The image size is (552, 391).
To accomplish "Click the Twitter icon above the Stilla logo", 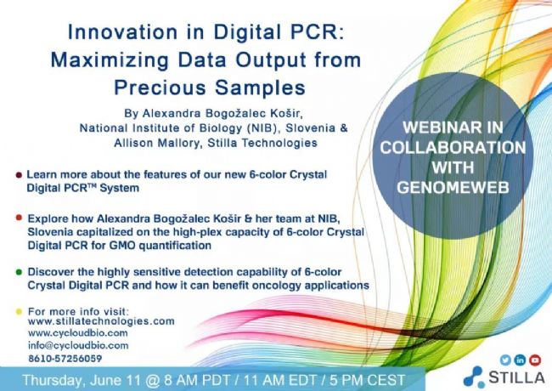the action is tap(505, 360).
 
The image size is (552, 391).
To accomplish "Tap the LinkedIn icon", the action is tap(520, 360).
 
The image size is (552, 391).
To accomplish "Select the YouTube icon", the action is tap(535, 360).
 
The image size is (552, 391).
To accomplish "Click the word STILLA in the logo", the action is tap(516, 377).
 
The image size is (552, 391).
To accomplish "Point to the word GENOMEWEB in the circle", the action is tap(453, 187).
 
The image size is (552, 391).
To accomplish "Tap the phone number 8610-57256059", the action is tap(65, 359).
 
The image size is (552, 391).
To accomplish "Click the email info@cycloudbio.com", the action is tap(78, 346).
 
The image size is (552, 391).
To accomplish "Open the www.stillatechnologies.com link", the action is tap(101, 321).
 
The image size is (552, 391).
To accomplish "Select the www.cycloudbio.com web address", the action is tap(78, 333).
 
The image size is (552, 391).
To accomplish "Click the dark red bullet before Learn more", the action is tap(19, 175).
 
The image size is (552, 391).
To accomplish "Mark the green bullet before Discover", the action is tap(19, 272).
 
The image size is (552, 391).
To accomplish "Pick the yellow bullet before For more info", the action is tap(19, 311).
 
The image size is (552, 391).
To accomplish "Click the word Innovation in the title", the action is tap(122, 32).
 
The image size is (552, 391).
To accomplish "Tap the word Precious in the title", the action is tap(161, 88).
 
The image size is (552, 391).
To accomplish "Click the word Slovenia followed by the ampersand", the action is tap(310, 127).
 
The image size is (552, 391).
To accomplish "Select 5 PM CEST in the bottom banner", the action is tap(367, 380).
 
